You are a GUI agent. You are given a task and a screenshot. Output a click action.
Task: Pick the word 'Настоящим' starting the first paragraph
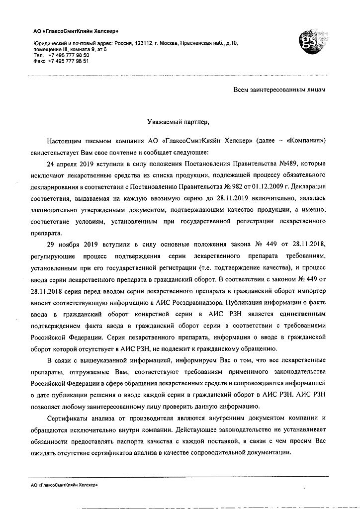pyautogui.click(x=65, y=140)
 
